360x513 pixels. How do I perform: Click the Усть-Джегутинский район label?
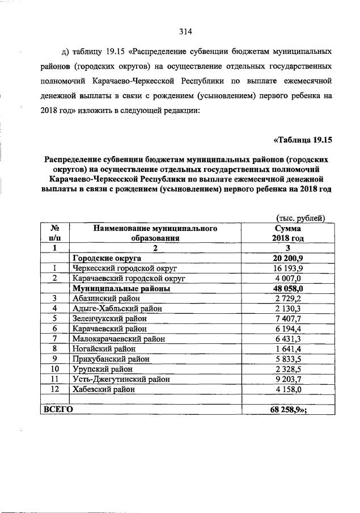121,379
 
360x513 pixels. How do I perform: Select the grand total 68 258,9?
287,409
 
